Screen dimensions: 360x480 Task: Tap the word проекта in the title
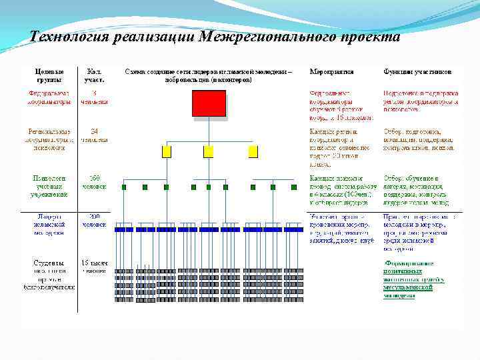(371, 37)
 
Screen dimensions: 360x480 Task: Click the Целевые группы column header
(50, 75)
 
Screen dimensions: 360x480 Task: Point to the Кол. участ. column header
(94, 75)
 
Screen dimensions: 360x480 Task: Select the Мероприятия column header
(331, 71)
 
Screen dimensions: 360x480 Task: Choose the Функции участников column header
(417, 71)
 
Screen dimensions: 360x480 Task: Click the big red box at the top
(209, 103)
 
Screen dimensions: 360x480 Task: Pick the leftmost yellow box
(167, 151)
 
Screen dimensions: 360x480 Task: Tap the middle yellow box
(209, 151)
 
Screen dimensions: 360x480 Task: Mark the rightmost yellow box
(253, 151)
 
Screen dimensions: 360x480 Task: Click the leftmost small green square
(124, 187)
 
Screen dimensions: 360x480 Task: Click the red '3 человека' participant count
(94, 97)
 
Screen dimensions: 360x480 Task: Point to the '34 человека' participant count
(94, 135)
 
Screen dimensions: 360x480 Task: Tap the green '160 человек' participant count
(94, 182)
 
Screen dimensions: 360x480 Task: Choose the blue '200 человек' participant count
(94, 220)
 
